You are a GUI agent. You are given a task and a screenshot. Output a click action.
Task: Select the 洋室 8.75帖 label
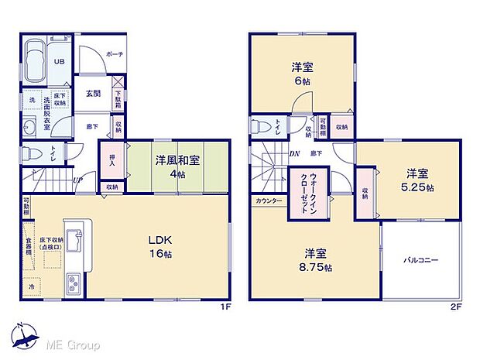tap(318, 260)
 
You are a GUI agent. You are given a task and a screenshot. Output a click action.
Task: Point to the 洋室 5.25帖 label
tap(418, 180)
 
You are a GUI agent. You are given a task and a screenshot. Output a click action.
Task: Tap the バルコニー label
tap(420, 260)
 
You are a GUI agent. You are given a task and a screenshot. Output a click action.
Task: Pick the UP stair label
tap(77, 180)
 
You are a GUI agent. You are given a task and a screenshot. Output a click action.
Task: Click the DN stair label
tap(295, 154)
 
